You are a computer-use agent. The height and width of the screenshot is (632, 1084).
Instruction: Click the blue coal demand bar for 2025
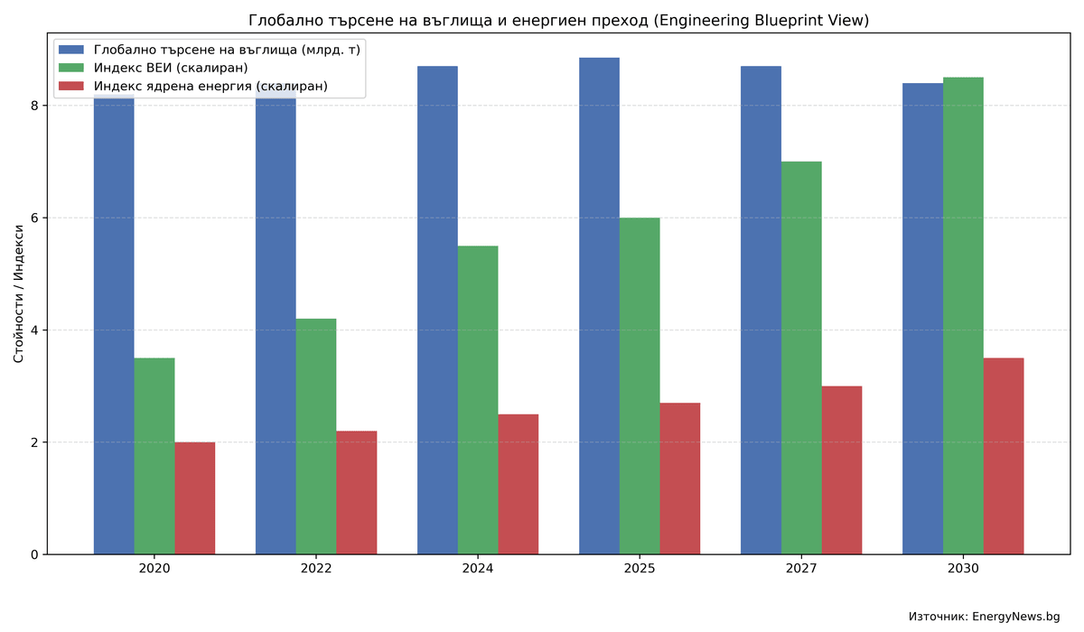click(x=599, y=306)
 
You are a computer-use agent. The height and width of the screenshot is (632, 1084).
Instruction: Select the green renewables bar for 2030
click(x=963, y=316)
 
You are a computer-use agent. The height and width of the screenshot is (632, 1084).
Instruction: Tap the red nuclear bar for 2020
click(x=195, y=498)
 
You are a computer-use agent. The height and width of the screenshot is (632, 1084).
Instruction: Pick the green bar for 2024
click(x=478, y=400)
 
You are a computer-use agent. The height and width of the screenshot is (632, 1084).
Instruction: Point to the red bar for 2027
click(x=842, y=470)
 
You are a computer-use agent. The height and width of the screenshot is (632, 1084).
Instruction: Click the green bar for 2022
click(x=316, y=436)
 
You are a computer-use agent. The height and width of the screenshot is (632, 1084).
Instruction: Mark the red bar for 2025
click(x=680, y=479)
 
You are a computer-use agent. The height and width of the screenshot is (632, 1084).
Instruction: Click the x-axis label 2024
click(x=478, y=569)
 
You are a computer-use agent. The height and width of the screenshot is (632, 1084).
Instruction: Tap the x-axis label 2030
click(x=963, y=569)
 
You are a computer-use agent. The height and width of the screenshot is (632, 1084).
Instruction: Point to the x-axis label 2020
click(x=154, y=569)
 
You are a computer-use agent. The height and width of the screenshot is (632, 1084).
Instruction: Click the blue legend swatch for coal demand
click(x=71, y=50)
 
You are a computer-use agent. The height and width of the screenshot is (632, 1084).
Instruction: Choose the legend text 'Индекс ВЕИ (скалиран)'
click(x=171, y=68)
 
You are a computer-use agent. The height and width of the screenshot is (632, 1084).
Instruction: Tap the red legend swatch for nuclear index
click(x=71, y=87)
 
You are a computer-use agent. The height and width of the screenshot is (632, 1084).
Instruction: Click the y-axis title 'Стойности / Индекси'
click(x=19, y=293)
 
